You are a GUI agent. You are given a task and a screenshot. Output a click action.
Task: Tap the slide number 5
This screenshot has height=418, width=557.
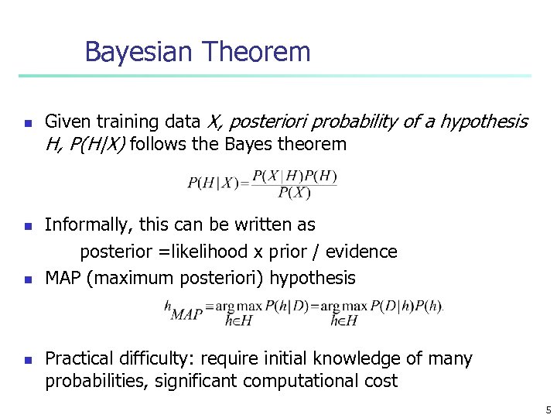[548, 409]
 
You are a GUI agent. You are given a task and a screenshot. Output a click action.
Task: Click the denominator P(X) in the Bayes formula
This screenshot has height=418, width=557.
[294, 193]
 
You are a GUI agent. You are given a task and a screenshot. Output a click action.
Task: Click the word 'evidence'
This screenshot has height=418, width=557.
[364, 252]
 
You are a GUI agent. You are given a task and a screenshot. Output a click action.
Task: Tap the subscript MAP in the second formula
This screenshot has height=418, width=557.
[186, 315]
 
